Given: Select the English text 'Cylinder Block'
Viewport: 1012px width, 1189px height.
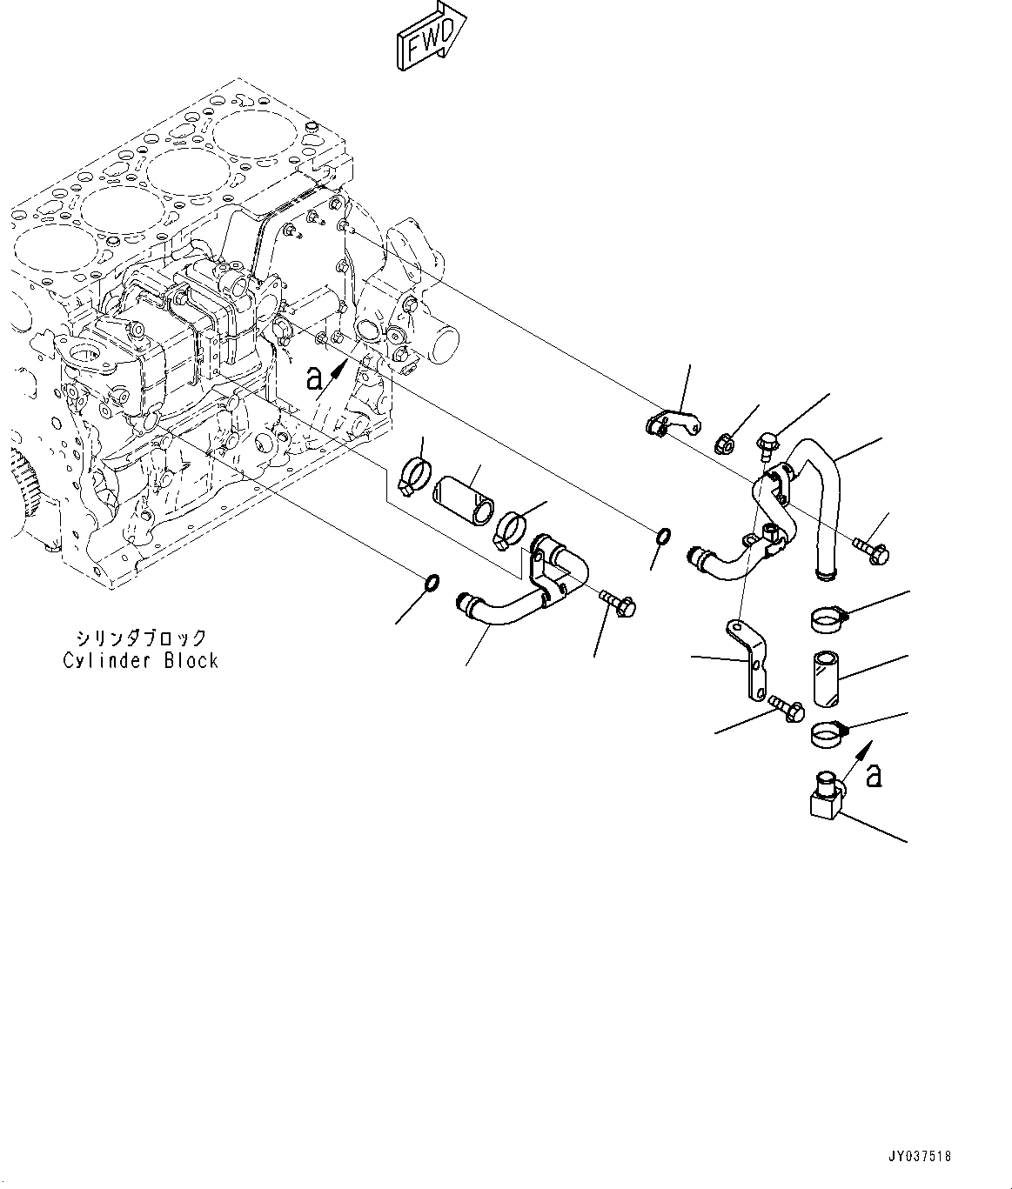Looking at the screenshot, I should [x=140, y=660].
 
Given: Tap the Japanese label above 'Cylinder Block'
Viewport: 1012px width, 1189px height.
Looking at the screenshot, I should [x=140, y=637].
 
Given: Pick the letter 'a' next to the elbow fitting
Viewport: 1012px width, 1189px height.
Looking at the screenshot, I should [x=875, y=776].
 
